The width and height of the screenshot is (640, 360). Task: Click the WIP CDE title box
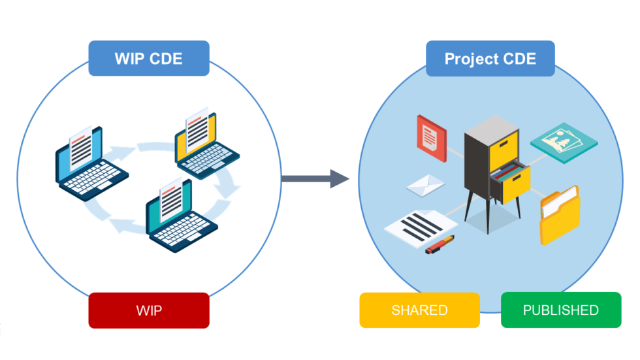(x=149, y=59)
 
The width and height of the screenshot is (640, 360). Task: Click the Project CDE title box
(x=490, y=59)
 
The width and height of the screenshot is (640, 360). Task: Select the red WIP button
(x=149, y=310)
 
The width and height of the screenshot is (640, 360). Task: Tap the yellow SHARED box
(x=419, y=310)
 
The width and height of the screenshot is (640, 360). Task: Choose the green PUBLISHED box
(x=560, y=310)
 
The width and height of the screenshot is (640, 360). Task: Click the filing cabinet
(x=493, y=167)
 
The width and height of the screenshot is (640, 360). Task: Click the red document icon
(x=431, y=137)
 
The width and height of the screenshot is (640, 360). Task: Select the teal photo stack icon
(x=564, y=140)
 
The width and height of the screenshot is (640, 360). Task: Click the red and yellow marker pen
(x=440, y=244)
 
